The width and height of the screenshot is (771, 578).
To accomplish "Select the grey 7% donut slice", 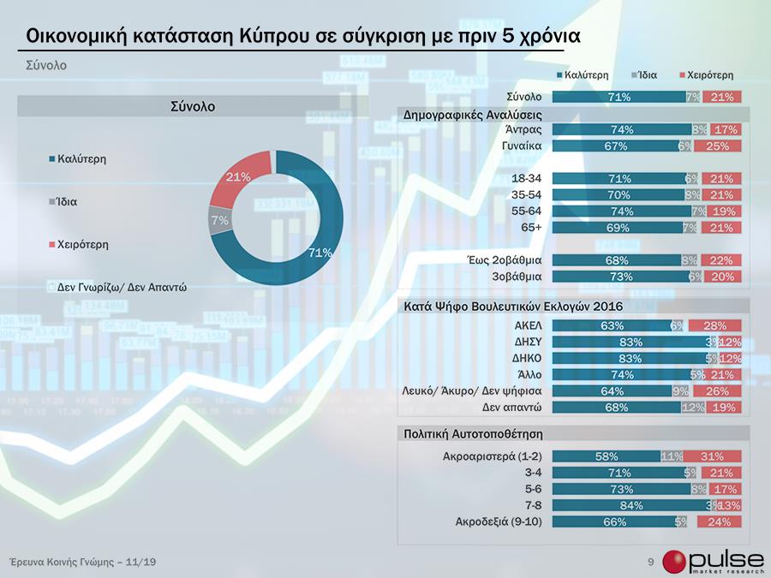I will (219, 221).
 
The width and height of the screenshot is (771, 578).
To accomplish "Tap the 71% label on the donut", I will (320, 252).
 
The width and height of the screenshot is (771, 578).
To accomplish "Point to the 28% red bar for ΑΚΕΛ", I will (714, 325).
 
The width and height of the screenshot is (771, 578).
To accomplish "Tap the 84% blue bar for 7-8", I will (631, 505).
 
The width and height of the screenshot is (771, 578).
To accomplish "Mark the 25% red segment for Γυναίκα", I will (717, 146).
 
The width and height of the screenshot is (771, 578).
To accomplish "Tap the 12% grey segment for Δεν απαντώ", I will (692, 407).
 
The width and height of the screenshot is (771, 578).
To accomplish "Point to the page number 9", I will (651, 562).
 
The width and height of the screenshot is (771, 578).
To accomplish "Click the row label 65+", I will (534, 228).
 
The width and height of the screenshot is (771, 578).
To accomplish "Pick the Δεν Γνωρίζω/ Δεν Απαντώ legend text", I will (122, 288).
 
